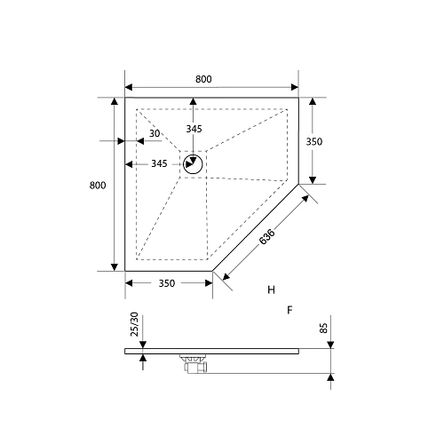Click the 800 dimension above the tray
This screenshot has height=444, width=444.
[203, 79]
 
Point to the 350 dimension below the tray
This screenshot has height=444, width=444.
[166, 283]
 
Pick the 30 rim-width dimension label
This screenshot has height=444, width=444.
[155, 134]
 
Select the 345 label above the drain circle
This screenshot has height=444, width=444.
[194, 130]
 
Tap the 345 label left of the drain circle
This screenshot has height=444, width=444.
[160, 164]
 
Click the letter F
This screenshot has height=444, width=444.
[289, 310]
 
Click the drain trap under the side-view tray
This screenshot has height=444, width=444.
[194, 361]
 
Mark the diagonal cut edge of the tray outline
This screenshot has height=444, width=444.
[255, 228]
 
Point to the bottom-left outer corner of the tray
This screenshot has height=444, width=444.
[125, 270]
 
